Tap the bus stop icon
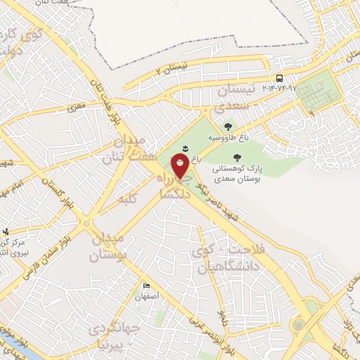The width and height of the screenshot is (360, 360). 280,78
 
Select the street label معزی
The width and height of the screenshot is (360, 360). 75,109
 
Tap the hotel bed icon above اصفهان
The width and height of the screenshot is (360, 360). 147,286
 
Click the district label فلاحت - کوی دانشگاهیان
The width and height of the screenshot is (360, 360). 218,262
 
